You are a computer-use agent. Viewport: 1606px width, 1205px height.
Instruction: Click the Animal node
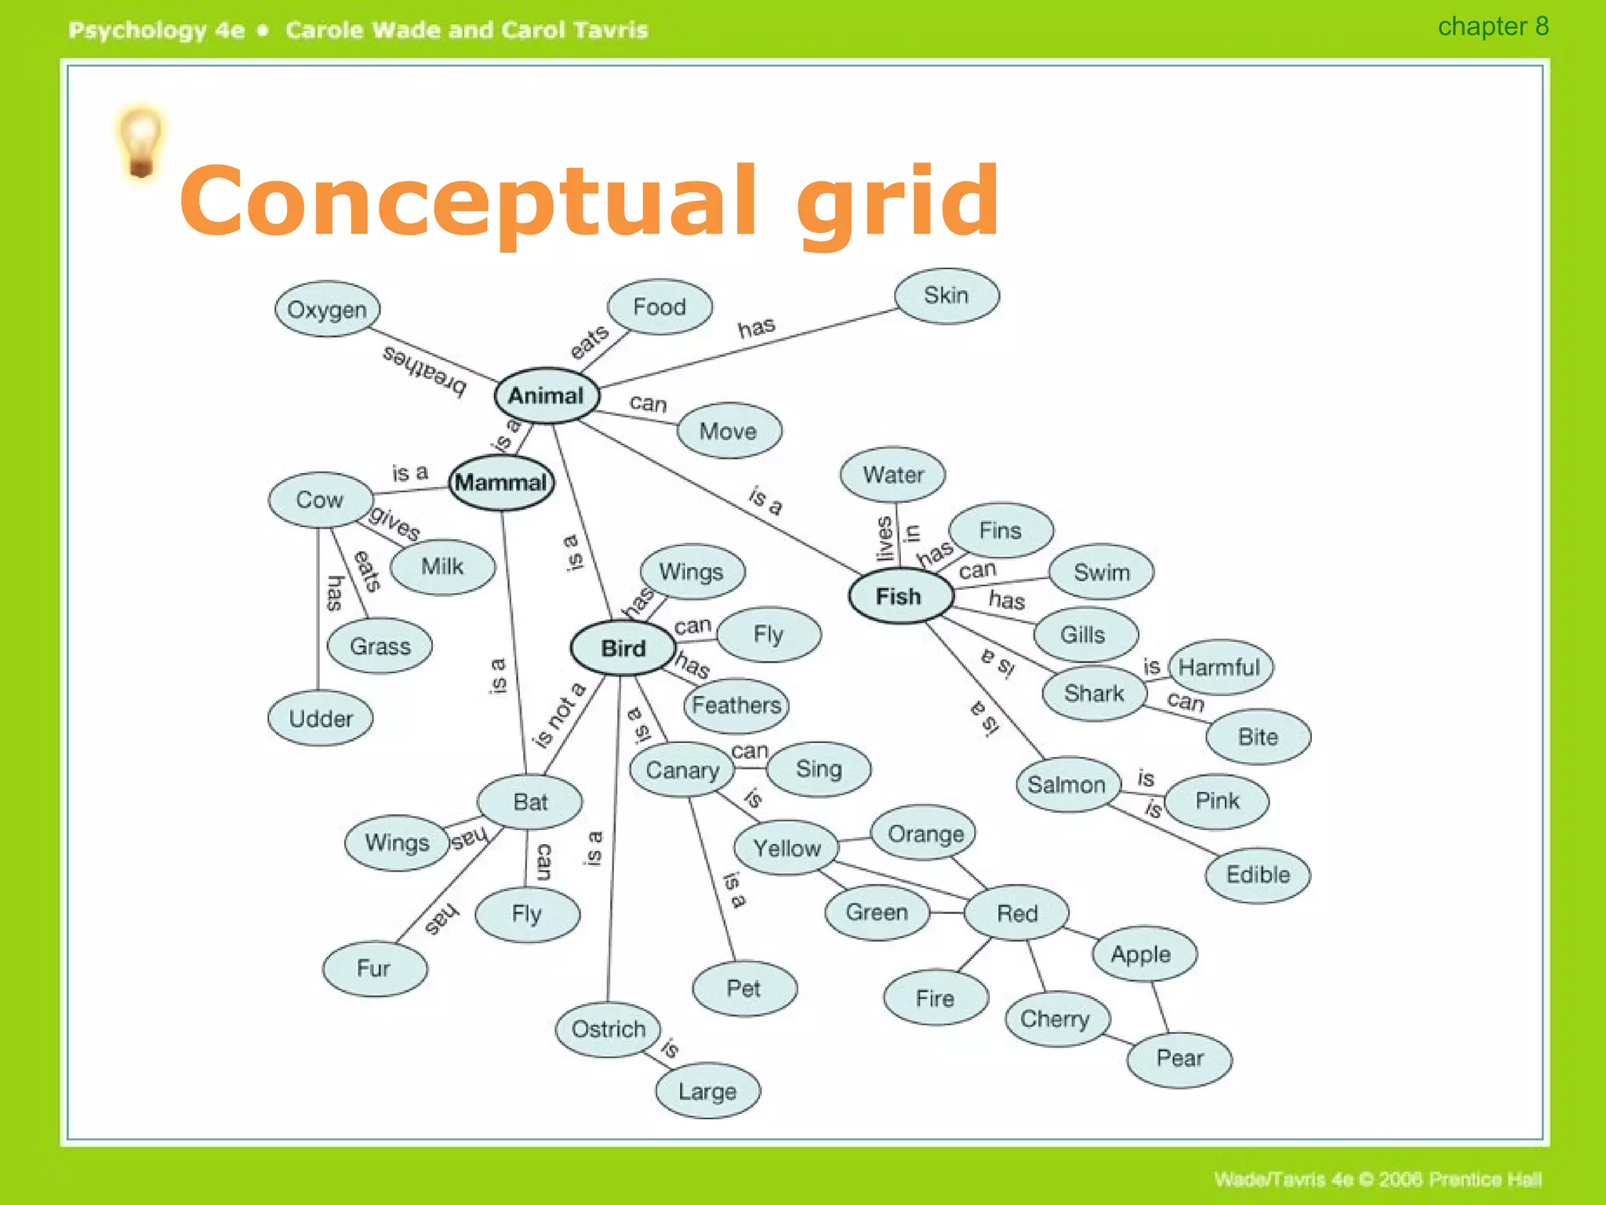[547, 395]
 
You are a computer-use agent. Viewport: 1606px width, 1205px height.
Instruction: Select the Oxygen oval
[327, 309]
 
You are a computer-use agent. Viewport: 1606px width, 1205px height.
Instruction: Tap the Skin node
[947, 296]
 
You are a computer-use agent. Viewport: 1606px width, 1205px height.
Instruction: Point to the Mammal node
[501, 482]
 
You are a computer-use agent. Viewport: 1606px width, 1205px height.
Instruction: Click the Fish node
[900, 596]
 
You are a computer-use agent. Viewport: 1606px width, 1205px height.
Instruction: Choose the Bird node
[623, 648]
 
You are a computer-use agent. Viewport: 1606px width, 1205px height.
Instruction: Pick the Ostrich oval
[609, 1028]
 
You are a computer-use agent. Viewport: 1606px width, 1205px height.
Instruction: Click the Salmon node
[1067, 785]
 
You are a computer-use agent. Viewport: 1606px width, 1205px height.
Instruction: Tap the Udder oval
[321, 719]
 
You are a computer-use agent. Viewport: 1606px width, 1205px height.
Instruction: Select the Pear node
[1179, 1058]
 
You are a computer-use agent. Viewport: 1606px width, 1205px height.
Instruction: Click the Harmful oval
[1219, 668]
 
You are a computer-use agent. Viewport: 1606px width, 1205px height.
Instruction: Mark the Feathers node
[736, 704]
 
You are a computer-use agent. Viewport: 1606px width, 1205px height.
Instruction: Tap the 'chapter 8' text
[1493, 27]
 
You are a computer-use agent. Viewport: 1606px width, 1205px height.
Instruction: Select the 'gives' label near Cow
[394, 522]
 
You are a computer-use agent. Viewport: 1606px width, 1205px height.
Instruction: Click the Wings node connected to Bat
[398, 843]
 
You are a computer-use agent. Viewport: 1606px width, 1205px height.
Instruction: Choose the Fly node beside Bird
[768, 634]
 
